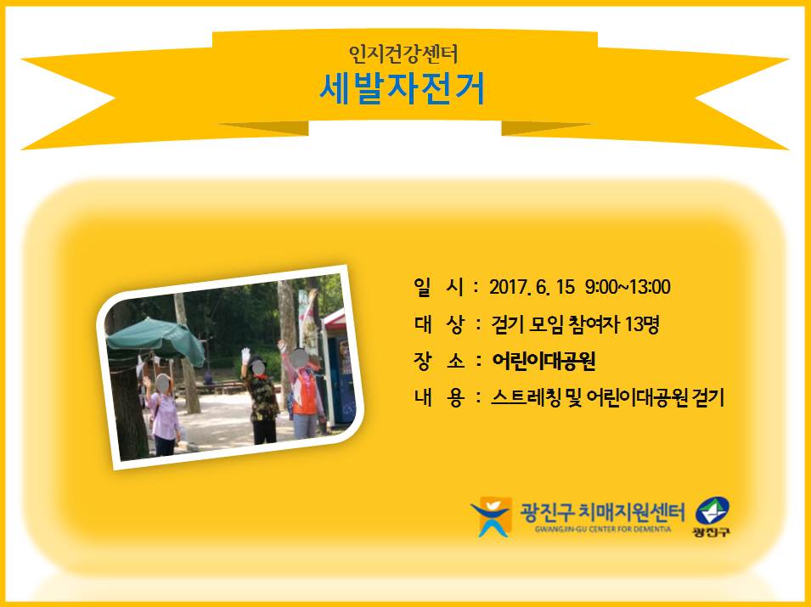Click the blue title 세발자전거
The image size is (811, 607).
pyautogui.click(x=402, y=88)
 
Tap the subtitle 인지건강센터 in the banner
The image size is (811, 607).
pyautogui.click(x=403, y=53)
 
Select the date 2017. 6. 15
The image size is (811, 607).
pyautogui.click(x=532, y=287)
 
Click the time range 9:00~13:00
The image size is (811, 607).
pyautogui.click(x=628, y=287)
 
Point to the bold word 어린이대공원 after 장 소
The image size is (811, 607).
pyautogui.click(x=543, y=361)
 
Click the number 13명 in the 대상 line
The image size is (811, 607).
pyautogui.click(x=642, y=324)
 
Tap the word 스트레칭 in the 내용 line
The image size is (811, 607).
pyautogui.click(x=526, y=397)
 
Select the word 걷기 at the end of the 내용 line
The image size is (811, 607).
pyautogui.click(x=707, y=397)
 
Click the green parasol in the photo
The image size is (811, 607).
pyautogui.click(x=155, y=340)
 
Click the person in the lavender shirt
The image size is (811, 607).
pyautogui.click(x=162, y=414)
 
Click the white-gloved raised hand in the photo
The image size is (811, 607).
pyautogui.click(x=245, y=355)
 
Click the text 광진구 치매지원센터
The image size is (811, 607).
pyautogui.click(x=602, y=512)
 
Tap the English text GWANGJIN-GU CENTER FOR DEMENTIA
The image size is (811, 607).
pyautogui.click(x=603, y=530)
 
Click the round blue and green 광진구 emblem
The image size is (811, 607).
pyautogui.click(x=712, y=511)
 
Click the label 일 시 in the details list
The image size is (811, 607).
pyautogui.click(x=438, y=287)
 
